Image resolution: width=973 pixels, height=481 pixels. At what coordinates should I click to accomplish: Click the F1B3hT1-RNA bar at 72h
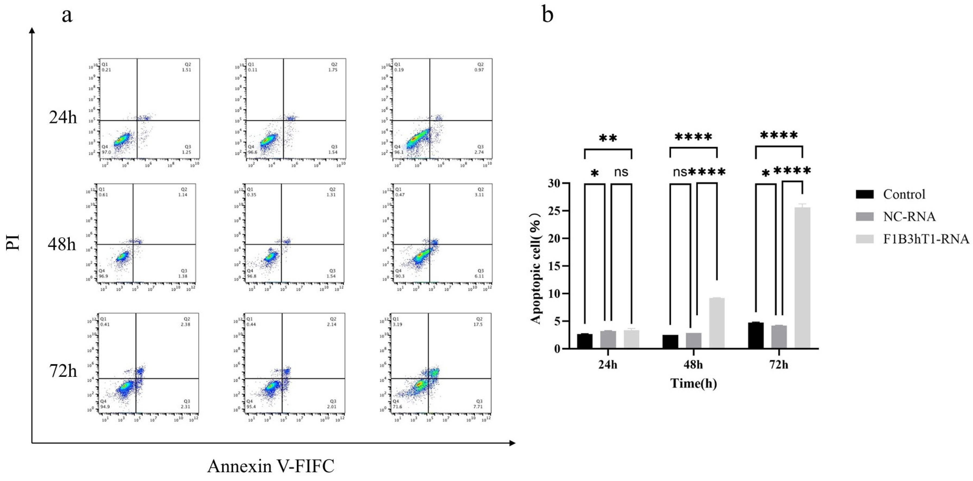pos(802,278)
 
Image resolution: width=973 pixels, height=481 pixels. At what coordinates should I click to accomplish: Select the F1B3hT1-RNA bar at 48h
pos(717,323)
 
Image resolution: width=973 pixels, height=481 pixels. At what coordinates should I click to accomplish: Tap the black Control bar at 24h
pos(585,341)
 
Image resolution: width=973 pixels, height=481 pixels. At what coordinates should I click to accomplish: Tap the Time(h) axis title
pos(693,384)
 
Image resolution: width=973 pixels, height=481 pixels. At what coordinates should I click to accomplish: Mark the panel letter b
pos(548,15)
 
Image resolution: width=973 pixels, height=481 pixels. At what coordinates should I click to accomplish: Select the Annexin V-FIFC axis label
pos(270,466)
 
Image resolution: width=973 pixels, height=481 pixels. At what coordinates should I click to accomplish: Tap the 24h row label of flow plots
pos(63,118)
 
